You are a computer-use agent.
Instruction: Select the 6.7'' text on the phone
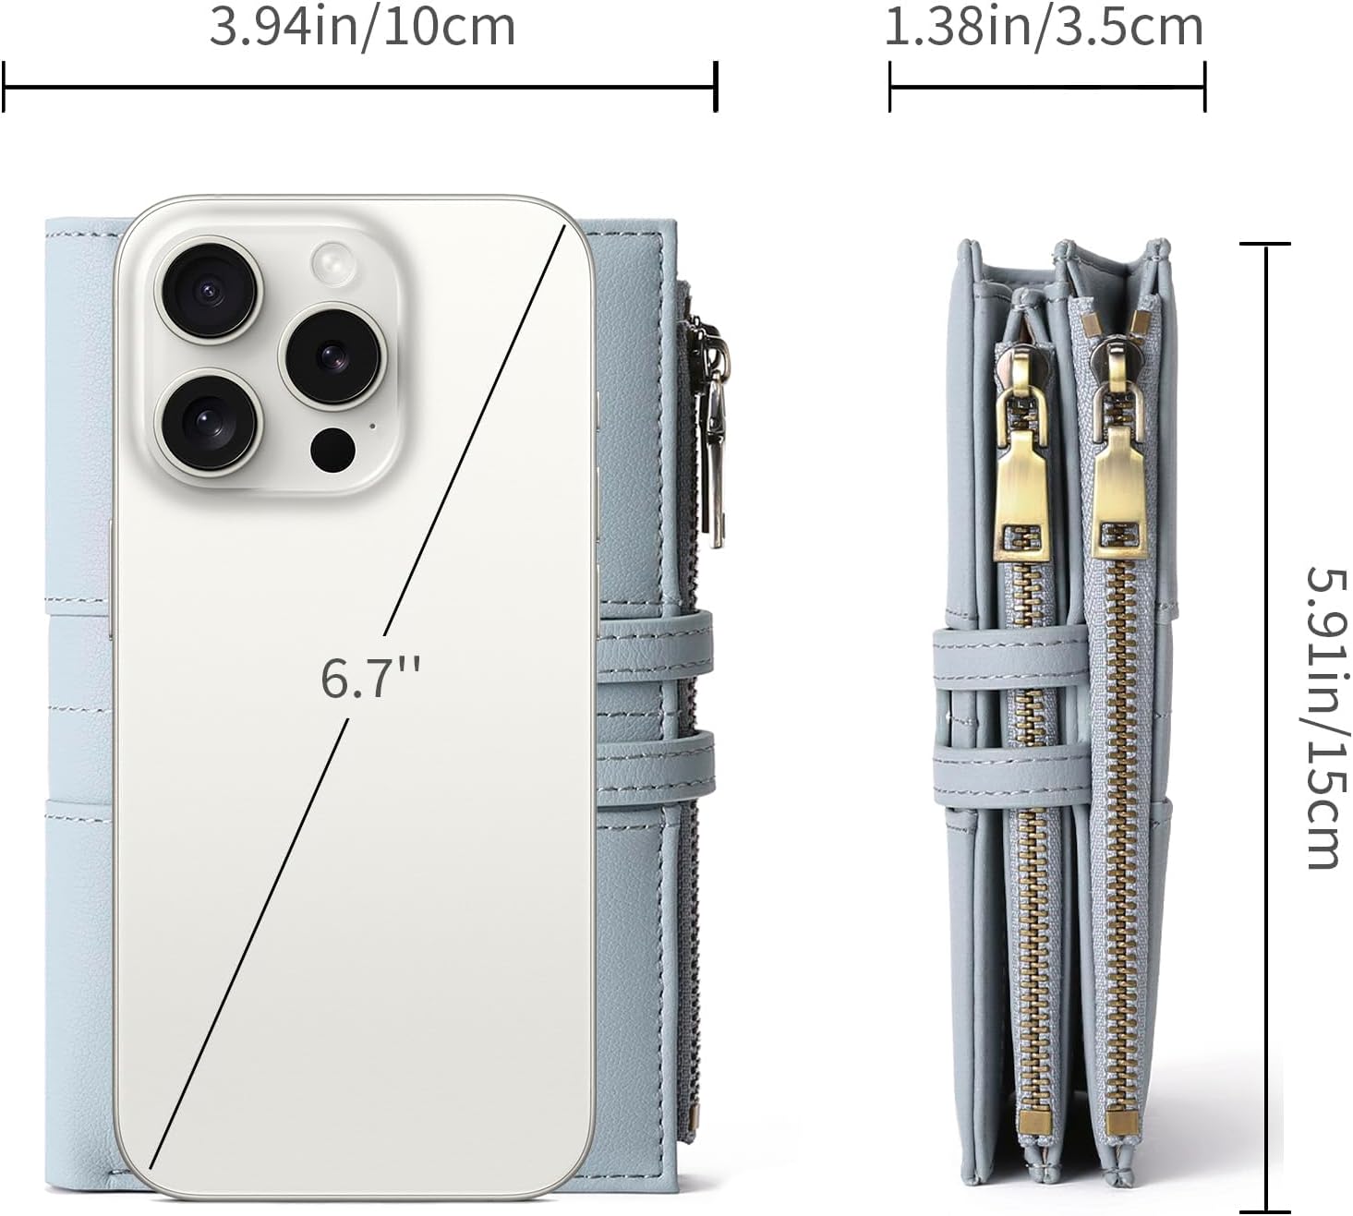click(369, 678)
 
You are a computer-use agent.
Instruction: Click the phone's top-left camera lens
click(209, 291)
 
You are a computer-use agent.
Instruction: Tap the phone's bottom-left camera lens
click(209, 423)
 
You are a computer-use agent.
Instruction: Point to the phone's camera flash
click(333, 262)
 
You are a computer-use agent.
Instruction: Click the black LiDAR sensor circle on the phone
click(332, 450)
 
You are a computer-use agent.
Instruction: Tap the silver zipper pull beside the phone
click(713, 431)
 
